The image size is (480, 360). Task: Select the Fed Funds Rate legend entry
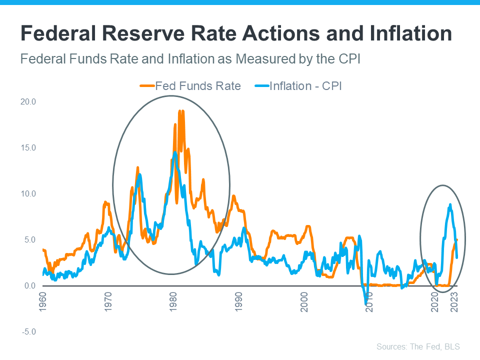point(190,86)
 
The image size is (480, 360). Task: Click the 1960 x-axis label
point(43,302)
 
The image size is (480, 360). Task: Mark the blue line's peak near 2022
point(450,204)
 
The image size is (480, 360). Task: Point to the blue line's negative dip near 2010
point(366,303)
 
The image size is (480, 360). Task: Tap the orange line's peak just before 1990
point(233,196)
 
